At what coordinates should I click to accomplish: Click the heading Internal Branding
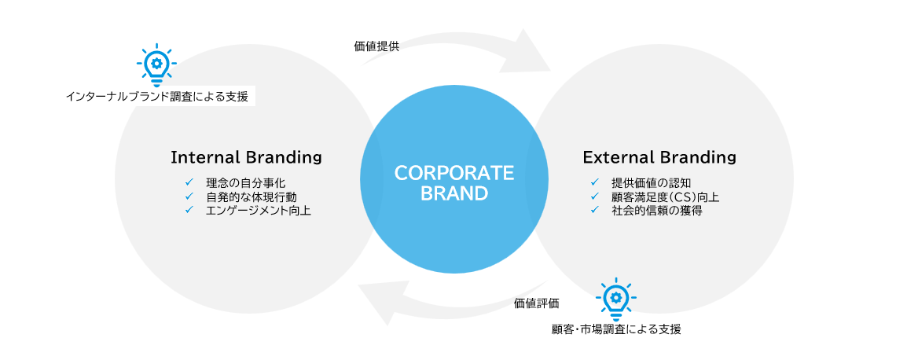tap(246, 157)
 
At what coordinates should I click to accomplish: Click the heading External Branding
tap(659, 157)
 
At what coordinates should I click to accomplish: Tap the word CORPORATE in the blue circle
tap(453, 173)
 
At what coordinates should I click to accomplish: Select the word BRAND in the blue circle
tap(453, 193)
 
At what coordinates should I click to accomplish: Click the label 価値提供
tap(376, 46)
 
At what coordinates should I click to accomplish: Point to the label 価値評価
tap(537, 303)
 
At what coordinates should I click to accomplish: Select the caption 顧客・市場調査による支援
tap(616, 329)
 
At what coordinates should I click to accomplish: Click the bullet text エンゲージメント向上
tap(258, 210)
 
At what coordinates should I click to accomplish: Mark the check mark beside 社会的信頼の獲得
tap(595, 210)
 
